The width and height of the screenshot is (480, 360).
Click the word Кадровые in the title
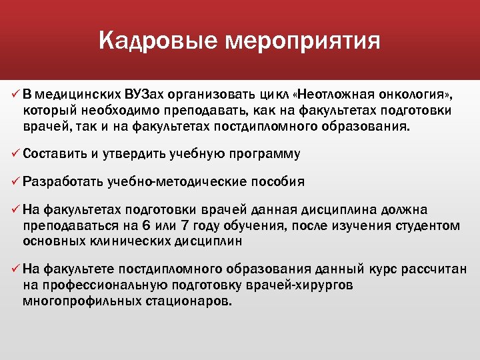(157, 41)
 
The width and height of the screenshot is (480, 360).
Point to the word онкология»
(419, 92)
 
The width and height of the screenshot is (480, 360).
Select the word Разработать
(61, 182)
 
